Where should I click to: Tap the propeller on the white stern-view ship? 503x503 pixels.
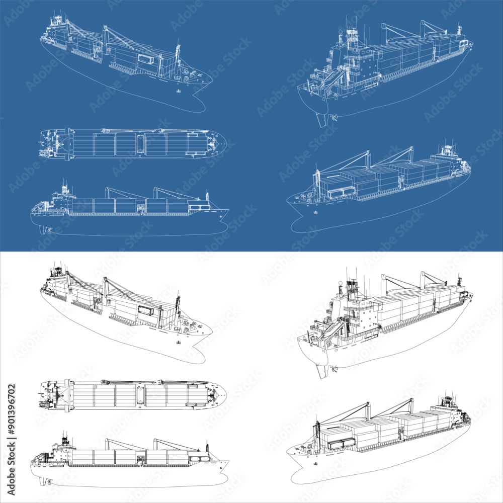332,370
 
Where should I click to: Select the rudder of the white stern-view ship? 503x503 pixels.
320,371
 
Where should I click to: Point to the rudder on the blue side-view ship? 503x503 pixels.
43,230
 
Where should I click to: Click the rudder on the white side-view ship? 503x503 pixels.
43,481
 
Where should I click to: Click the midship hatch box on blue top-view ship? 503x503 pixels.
139,143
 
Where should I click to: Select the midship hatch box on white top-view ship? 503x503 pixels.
139,394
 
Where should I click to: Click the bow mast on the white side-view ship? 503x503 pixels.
207,446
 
